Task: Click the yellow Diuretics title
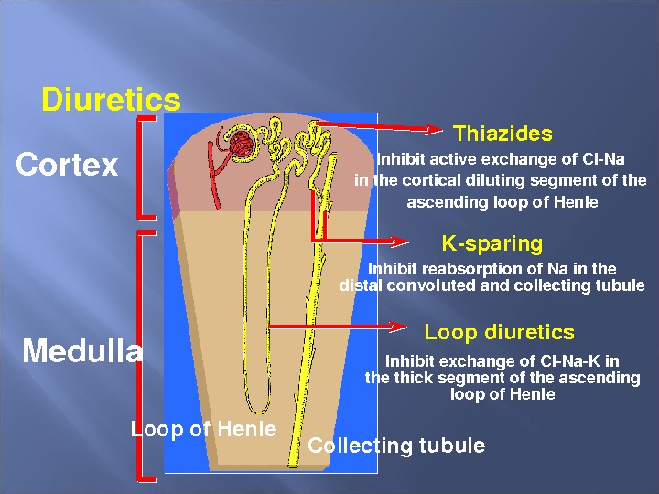(x=111, y=99)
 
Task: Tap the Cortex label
(x=67, y=165)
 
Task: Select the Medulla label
(x=82, y=351)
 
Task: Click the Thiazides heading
(x=502, y=134)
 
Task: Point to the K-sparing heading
(x=492, y=243)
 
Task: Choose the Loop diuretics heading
(x=499, y=332)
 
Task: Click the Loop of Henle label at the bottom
(x=203, y=429)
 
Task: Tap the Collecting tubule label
(x=395, y=446)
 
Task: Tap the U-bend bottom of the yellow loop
(x=259, y=408)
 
